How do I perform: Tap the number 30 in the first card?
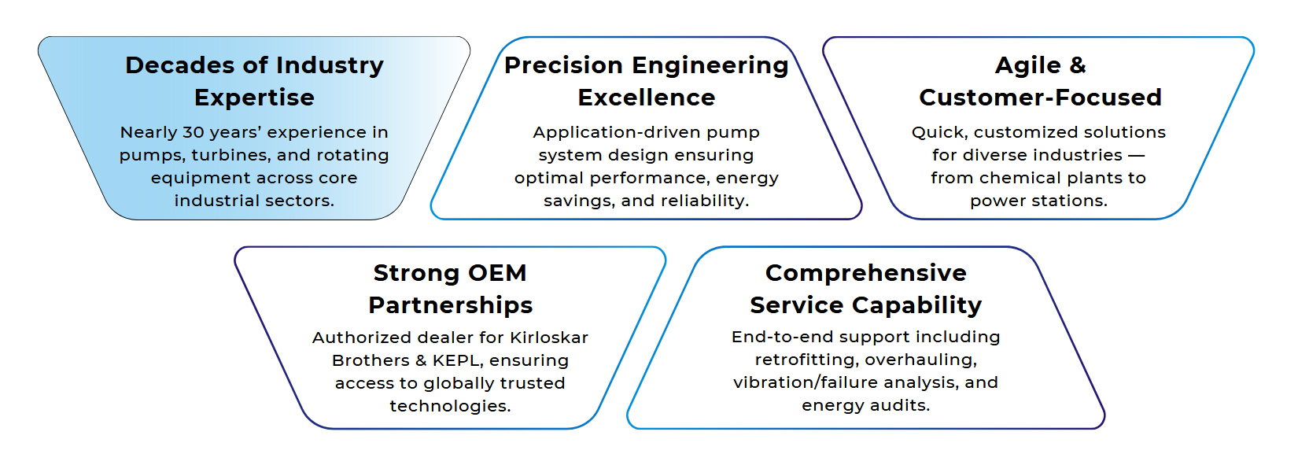[x=194, y=132]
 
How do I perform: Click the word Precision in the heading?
[x=563, y=65]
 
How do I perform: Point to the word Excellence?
[x=646, y=98]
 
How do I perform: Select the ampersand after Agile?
[x=1078, y=65]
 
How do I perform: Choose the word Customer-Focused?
[x=1040, y=98]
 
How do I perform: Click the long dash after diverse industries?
[x=1136, y=155]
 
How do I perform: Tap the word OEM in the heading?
[x=497, y=273]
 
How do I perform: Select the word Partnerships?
[x=450, y=305]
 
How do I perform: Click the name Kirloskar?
[x=549, y=338]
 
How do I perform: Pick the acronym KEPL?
[x=458, y=360]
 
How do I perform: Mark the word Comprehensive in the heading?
[x=865, y=273]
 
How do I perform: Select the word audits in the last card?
[x=901, y=405]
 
